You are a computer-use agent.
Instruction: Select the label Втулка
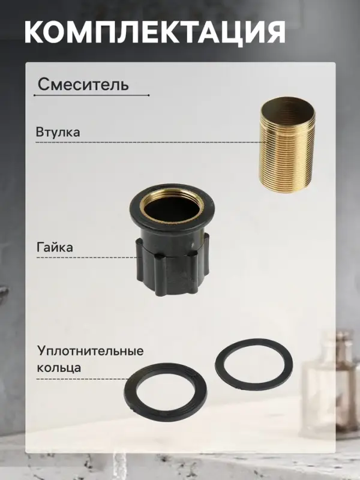pyautogui.click(x=58, y=132)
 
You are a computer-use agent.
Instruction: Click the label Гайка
pyautogui.click(x=55, y=247)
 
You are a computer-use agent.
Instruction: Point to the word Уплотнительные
pyautogui.click(x=91, y=351)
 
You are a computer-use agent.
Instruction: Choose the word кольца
pyautogui.click(x=59, y=367)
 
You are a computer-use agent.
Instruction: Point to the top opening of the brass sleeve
pyautogui.click(x=287, y=106)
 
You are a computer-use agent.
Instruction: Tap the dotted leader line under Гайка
pyautogui.click(x=84, y=257)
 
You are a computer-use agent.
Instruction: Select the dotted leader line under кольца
pyautogui.click(x=84, y=379)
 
